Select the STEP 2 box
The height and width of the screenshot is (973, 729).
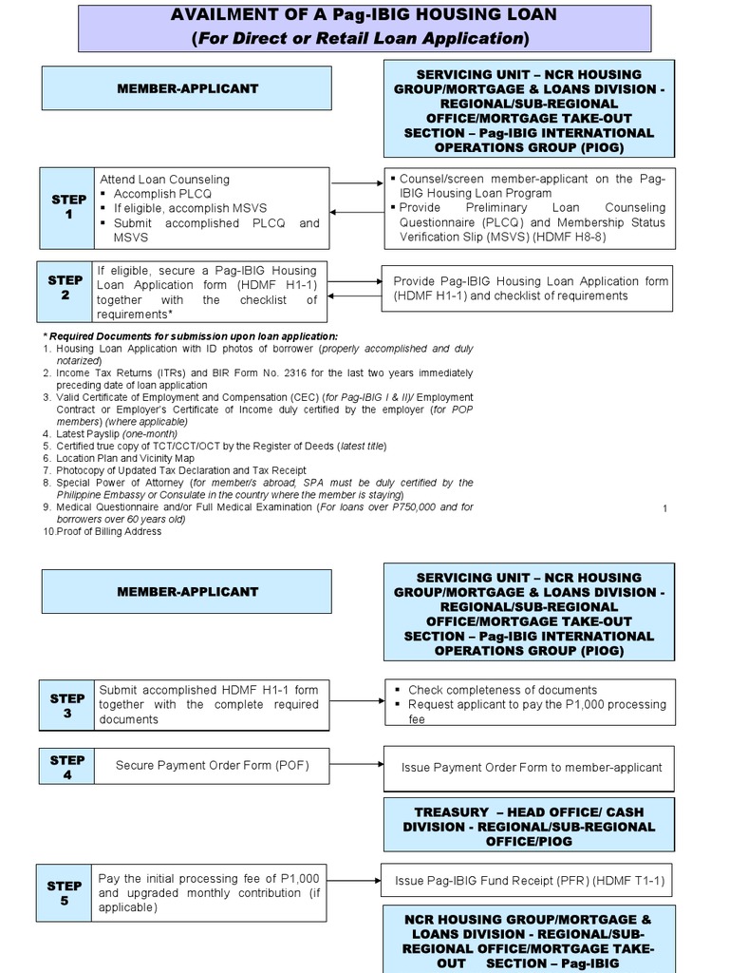pyautogui.click(x=65, y=288)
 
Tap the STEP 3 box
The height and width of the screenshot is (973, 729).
pyautogui.click(x=67, y=705)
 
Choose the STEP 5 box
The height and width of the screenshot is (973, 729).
pyautogui.click(x=65, y=893)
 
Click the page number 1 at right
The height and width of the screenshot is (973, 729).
pyautogui.click(x=665, y=509)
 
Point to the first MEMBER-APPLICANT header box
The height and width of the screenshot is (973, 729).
pyautogui.click(x=187, y=88)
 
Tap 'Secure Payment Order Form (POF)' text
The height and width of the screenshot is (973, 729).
pyautogui.click(x=212, y=764)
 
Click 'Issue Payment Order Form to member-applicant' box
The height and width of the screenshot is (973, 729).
pyautogui.click(x=531, y=767)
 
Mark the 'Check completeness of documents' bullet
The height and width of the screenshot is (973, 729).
pyautogui.click(x=502, y=690)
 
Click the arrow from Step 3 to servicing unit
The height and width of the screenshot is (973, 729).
pyautogui.click(x=356, y=701)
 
